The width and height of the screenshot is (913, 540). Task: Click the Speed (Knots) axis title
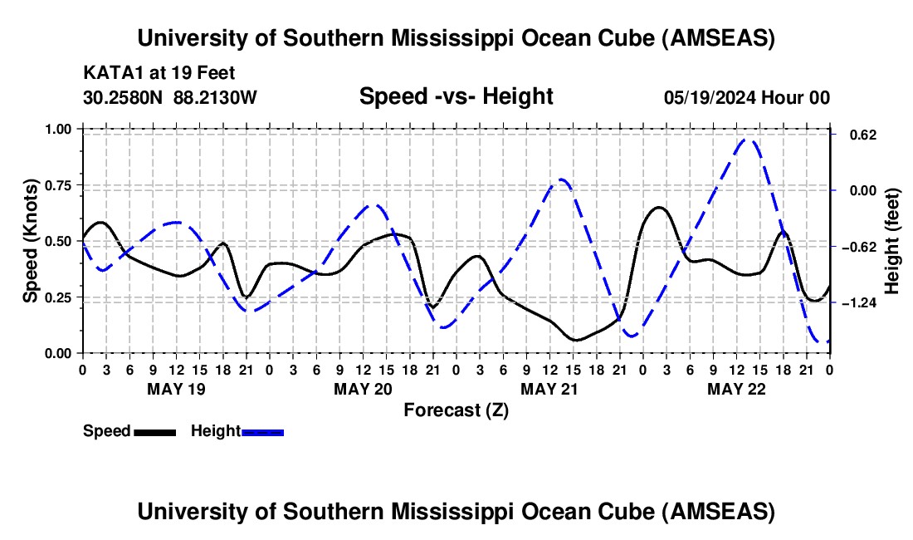[x=30, y=241]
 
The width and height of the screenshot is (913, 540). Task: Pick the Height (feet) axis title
[x=892, y=241]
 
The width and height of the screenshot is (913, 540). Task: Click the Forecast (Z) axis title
[x=456, y=410]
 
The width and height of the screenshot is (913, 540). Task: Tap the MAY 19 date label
[x=175, y=389]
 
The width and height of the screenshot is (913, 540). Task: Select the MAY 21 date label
[x=549, y=389]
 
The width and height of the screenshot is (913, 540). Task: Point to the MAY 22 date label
[x=735, y=389]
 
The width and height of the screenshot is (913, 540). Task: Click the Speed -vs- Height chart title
[x=456, y=96]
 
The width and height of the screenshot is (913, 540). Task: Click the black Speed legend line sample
[x=154, y=431]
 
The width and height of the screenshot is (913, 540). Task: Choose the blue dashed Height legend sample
[x=263, y=431]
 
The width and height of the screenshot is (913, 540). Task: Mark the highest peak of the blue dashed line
[x=747, y=140]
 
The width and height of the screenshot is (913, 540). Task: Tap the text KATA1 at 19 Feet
[x=148, y=72]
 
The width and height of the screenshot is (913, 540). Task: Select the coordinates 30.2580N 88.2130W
[x=170, y=97]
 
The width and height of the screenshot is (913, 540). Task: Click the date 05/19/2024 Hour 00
[x=746, y=97]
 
